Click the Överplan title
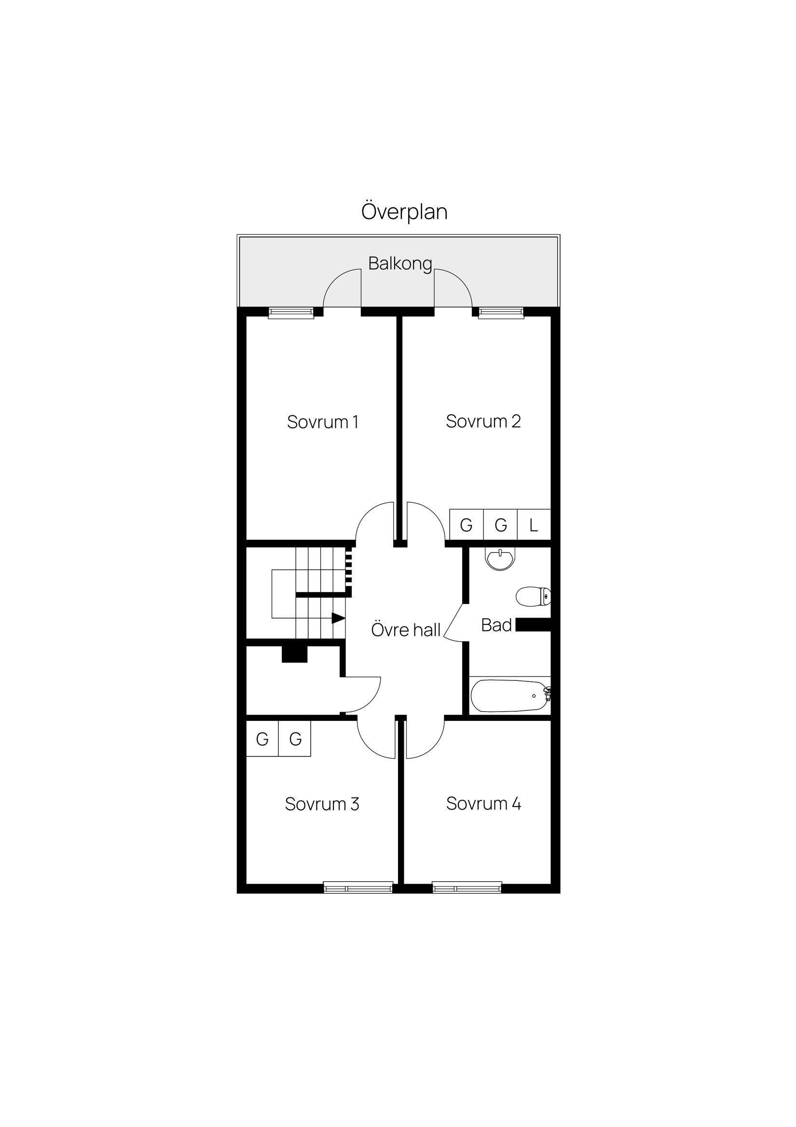click(404, 211)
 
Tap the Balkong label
click(400, 264)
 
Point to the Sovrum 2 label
click(483, 421)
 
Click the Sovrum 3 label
click(322, 803)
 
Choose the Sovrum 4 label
click(483, 803)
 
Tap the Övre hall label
click(406, 630)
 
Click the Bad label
click(496, 625)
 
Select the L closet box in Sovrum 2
click(534, 525)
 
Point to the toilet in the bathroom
click(533, 596)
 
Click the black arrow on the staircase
click(338, 618)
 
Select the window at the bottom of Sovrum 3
click(358, 888)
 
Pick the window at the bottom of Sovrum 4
click(467, 888)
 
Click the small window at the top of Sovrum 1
click(291, 313)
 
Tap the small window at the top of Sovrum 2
click(501, 313)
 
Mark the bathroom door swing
click(455, 623)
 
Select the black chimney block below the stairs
click(294, 654)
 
